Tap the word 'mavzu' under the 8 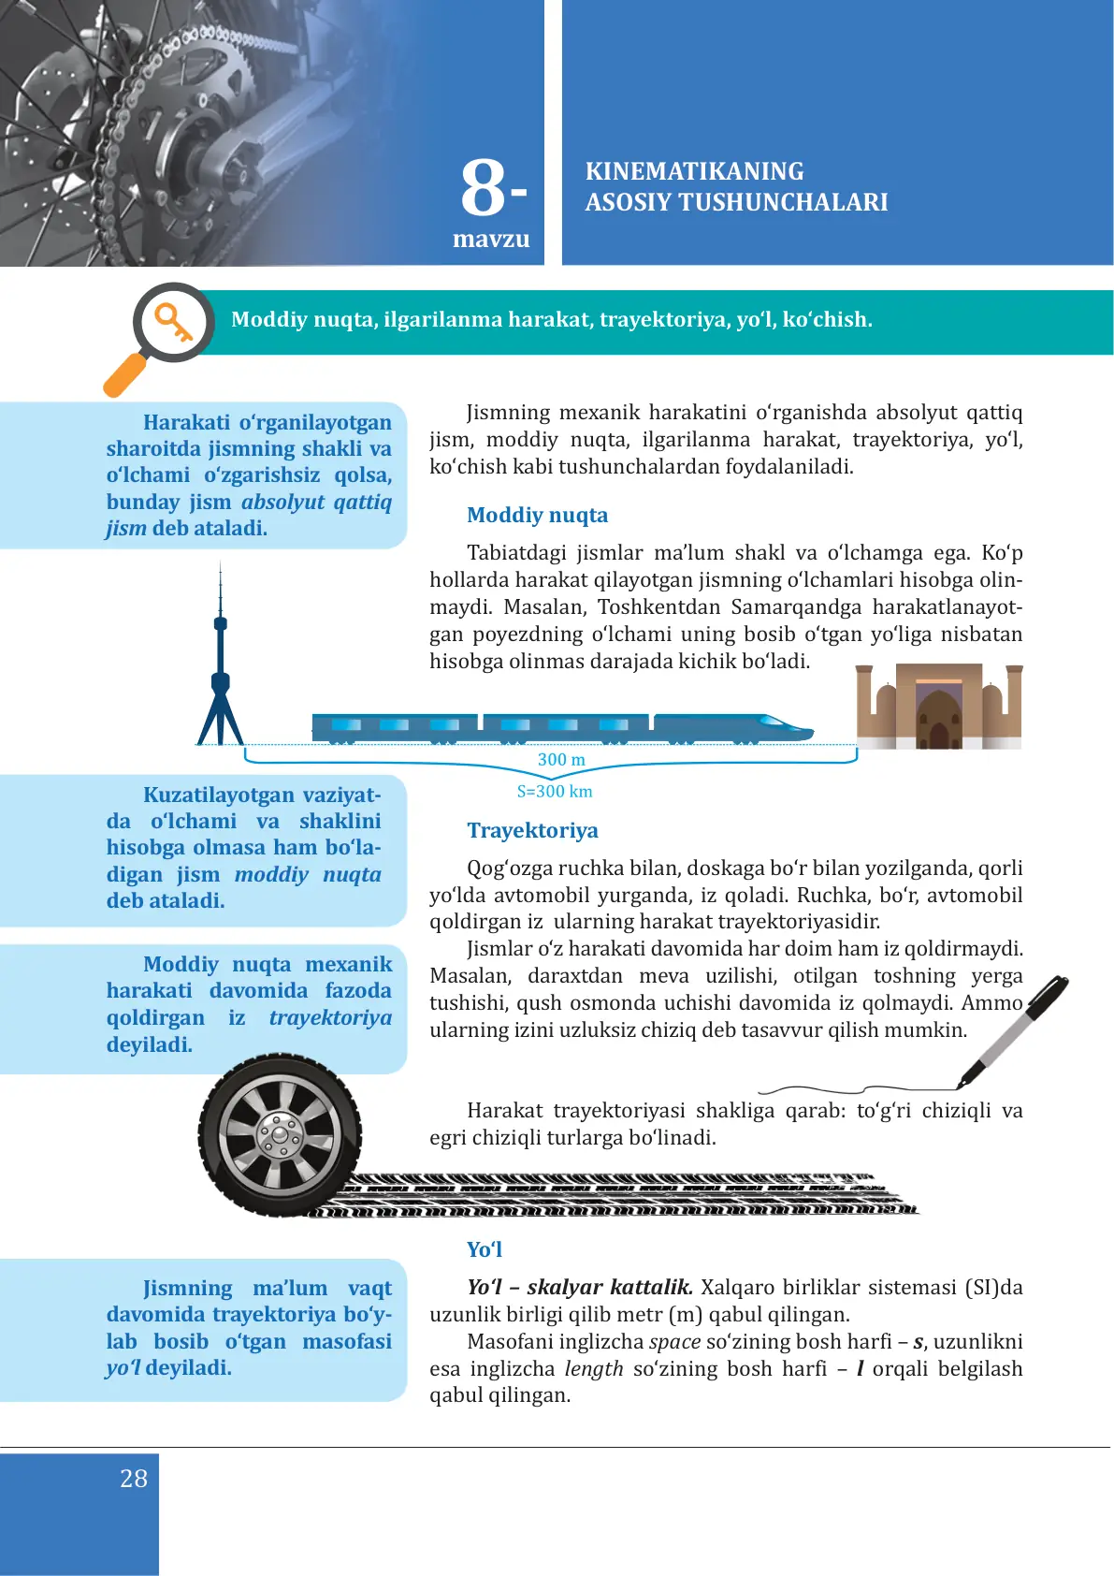pos(491,240)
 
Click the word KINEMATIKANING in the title pos(694,171)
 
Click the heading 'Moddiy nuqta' pos(537,515)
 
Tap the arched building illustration pos(939,708)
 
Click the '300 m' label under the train pos(561,760)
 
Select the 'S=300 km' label pos(555,792)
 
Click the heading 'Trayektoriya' pos(532,830)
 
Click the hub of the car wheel pos(279,1134)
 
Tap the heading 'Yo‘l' pos(485,1249)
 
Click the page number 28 pos(134,1479)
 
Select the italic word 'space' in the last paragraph pos(674,1341)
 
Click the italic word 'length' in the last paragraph pos(594,1368)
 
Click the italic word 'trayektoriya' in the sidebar pos(330,1017)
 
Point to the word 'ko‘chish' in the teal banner pos(827,320)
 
